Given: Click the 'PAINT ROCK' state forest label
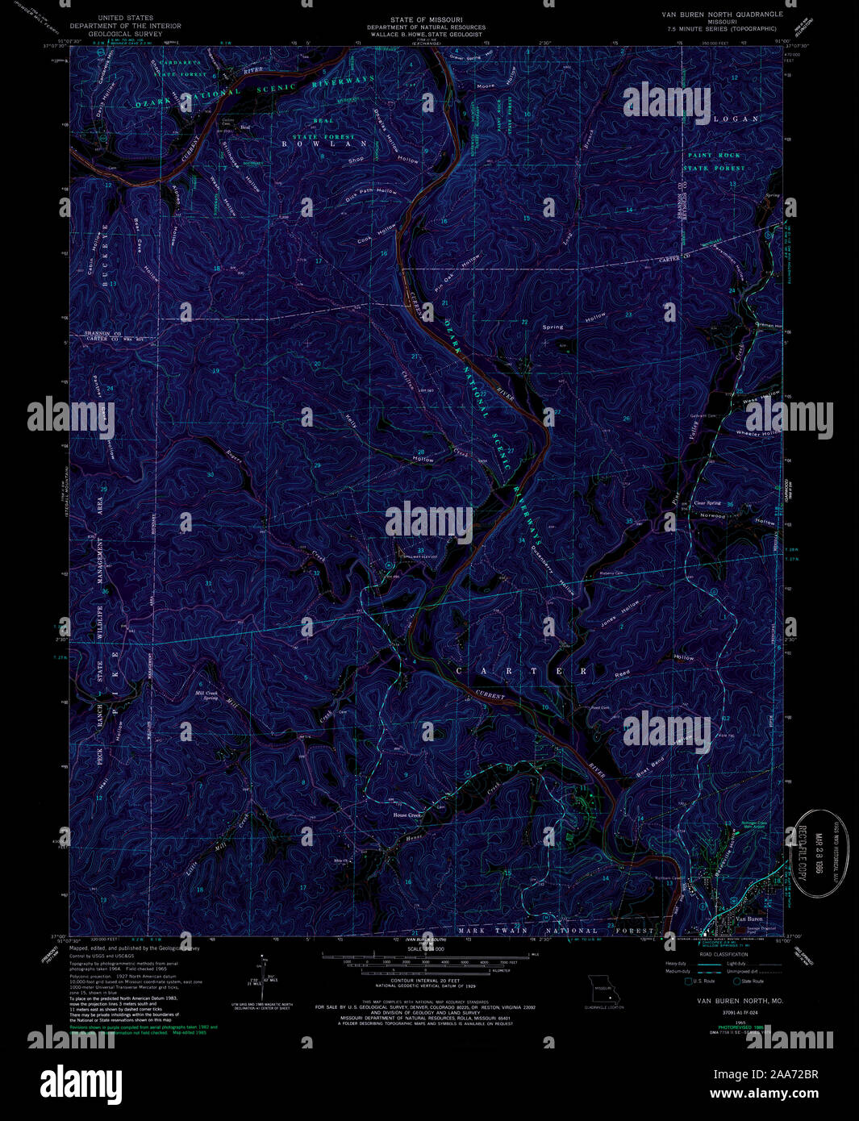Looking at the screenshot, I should (714, 155).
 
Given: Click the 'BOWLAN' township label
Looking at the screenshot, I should (318, 144).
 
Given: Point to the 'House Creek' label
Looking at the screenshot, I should (407, 815).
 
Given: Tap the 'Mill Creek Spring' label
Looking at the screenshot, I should (206, 694).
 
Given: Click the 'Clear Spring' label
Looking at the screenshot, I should (707, 503).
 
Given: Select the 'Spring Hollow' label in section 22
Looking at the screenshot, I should (573, 323).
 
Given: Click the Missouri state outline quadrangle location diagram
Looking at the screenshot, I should (603, 987).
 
